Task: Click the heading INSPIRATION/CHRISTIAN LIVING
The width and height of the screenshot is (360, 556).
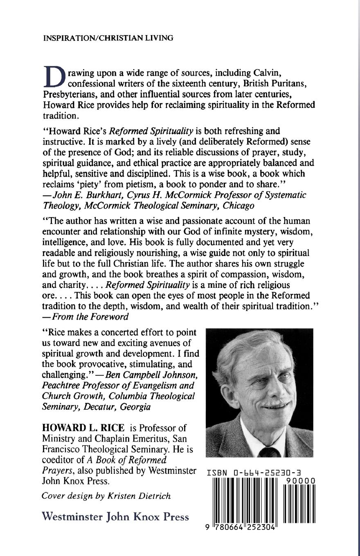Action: coord(108,38)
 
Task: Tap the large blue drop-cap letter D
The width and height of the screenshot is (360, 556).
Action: coord(54,77)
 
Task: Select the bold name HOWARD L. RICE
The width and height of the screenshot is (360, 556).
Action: coord(83,428)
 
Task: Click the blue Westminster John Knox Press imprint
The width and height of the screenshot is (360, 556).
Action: coord(115,517)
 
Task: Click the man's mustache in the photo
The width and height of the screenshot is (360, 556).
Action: coord(274,404)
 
